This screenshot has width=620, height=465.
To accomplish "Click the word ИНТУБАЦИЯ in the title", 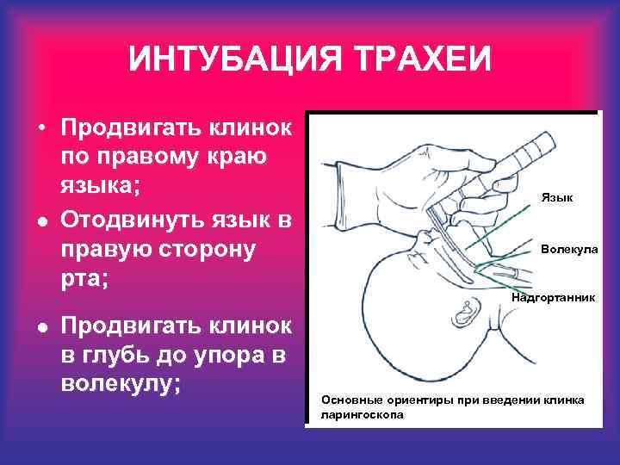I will (218, 61).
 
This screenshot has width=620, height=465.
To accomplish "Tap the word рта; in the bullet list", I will (85, 280).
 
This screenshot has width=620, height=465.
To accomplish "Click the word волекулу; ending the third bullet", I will (121, 384).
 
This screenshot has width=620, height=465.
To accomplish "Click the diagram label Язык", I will (557, 198).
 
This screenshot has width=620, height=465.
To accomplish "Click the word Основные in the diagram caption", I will (349, 400).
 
